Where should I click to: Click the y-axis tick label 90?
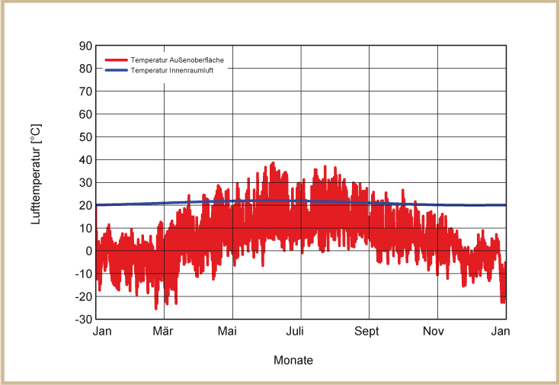(85, 46)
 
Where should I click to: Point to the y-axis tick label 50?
(85, 137)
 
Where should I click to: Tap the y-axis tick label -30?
(83, 319)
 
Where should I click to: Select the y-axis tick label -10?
(83, 274)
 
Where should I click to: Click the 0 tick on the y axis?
(88, 251)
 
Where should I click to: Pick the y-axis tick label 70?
(85, 91)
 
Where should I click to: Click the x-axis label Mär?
(163, 332)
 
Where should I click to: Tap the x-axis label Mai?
(227, 332)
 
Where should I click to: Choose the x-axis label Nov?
(434, 332)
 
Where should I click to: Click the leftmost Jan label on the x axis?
(102, 332)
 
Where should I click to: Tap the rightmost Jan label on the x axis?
(501, 332)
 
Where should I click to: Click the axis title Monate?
(293, 361)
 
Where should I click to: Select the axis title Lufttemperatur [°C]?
(36, 175)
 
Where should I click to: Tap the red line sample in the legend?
(115, 59)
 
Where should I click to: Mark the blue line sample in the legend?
(115, 70)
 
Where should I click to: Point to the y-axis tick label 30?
(85, 183)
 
